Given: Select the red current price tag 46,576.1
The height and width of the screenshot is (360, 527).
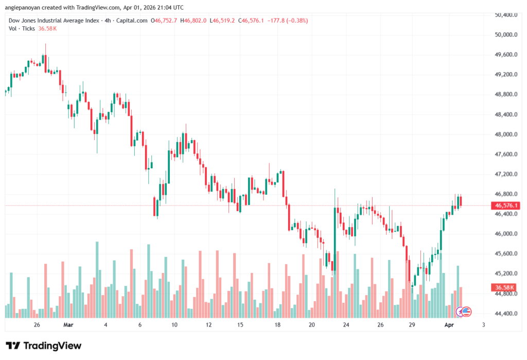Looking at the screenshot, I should pos(505,205).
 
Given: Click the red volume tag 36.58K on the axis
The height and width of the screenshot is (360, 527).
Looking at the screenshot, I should pos(505,287).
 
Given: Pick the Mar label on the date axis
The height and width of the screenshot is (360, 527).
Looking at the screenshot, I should pos(69,325).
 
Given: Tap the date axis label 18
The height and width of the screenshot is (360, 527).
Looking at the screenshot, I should pos(277,325).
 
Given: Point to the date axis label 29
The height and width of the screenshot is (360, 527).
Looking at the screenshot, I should pos(412,325).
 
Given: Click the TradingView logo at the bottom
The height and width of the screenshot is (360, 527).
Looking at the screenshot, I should pos(43,346).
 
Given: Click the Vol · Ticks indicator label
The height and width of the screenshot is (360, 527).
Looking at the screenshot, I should pos(21,28).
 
